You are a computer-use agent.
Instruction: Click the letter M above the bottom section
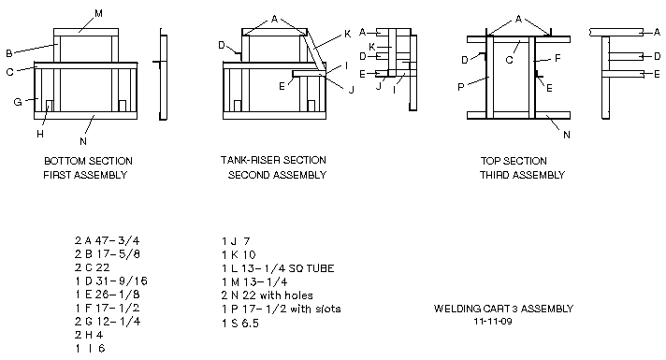tap(98, 14)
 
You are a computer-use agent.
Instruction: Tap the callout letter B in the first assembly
tap(9, 53)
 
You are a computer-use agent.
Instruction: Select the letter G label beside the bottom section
tap(18, 102)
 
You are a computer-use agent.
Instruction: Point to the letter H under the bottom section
tap(40, 134)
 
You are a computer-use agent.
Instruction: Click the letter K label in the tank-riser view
tap(347, 34)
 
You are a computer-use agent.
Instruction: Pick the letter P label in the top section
tap(461, 88)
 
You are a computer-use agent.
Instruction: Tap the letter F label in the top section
tap(558, 58)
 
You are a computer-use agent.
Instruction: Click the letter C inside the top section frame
tap(510, 60)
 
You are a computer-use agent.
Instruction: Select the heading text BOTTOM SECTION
tap(88, 162)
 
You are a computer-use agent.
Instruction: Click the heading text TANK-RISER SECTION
tap(273, 161)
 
